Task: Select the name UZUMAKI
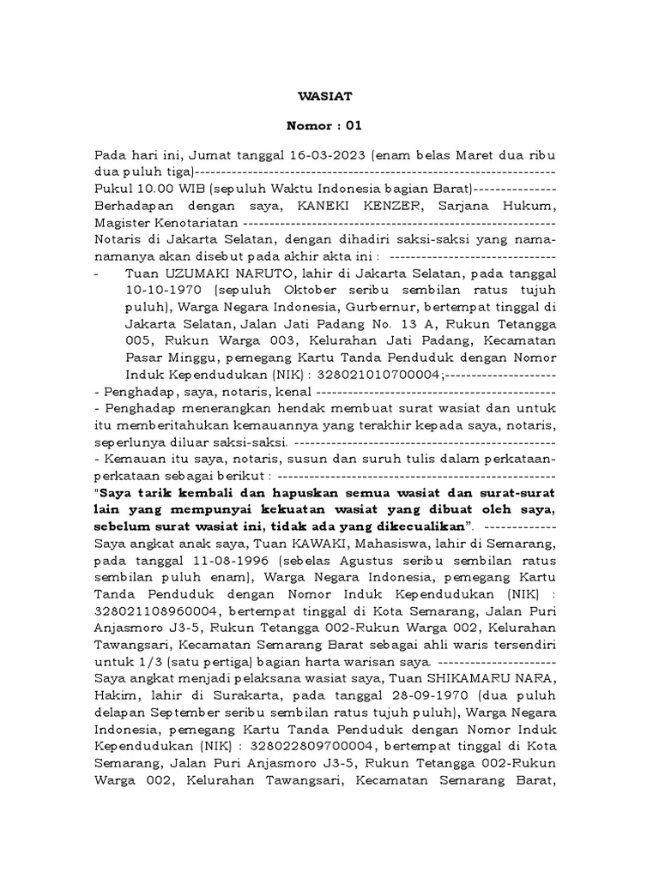[187, 273]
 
